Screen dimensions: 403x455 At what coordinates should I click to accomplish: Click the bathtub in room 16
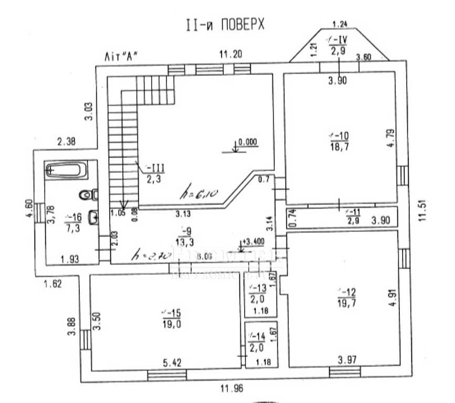(66, 170)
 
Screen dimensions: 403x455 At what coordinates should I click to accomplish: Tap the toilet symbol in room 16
(88, 195)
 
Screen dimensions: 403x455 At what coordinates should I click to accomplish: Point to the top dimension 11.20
(230, 54)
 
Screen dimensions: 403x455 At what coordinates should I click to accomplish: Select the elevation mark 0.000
(247, 142)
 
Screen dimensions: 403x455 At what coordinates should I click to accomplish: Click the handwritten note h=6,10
(195, 194)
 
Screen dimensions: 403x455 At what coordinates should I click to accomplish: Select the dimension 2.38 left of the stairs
(67, 141)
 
